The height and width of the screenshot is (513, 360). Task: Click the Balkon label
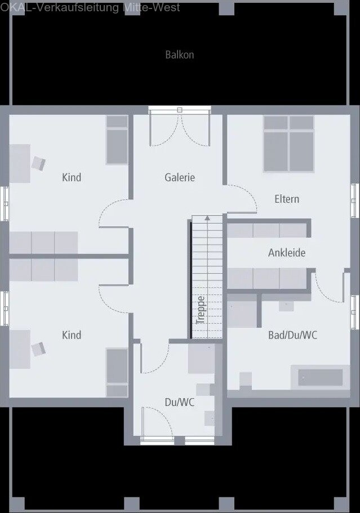(180, 55)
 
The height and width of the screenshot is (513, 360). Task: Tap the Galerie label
(180, 177)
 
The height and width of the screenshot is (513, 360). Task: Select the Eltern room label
(287, 199)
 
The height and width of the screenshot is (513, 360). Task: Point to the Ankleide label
(287, 253)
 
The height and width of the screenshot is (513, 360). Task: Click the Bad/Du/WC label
(292, 335)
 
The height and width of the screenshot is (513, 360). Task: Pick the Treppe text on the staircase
(201, 309)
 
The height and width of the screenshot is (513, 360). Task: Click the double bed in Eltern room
(288, 144)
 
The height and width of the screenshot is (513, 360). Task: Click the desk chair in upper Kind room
(38, 163)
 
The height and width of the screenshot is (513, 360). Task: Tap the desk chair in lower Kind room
(38, 349)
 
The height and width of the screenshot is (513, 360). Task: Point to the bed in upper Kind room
(117, 139)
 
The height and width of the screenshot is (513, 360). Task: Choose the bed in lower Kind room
(117, 372)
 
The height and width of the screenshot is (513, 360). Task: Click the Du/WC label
(180, 403)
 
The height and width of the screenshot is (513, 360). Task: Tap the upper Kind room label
(72, 177)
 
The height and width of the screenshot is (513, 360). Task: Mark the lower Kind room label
(72, 335)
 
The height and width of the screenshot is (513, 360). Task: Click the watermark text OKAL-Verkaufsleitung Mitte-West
(90, 7)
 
